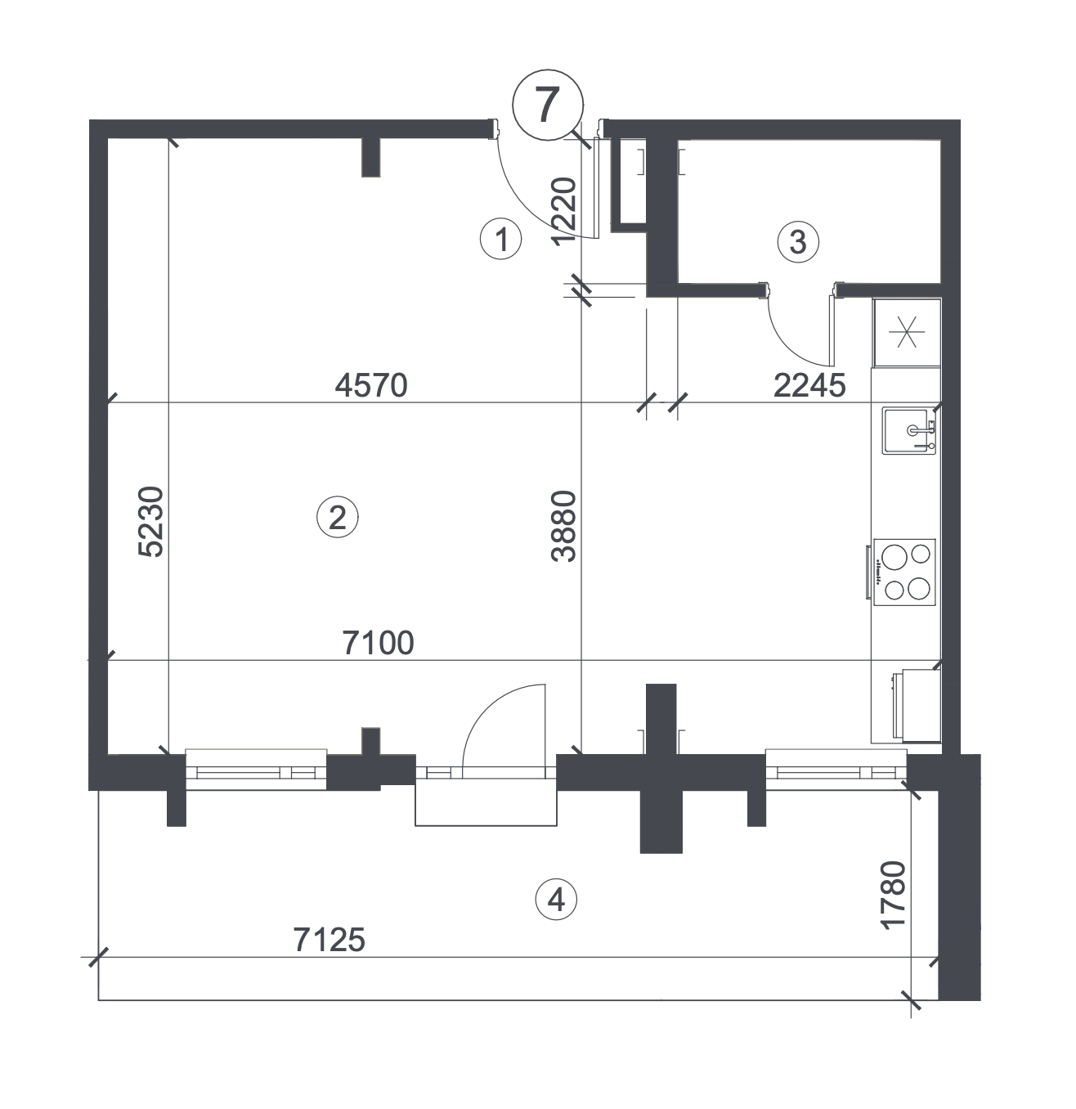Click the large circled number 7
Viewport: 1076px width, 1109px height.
pyautogui.click(x=547, y=106)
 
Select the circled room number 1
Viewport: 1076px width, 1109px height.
pyautogui.click(x=500, y=240)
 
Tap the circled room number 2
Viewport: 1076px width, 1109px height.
pyautogui.click(x=337, y=518)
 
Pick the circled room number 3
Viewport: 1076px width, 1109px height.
pyautogui.click(x=798, y=242)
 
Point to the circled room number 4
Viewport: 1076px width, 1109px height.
pyautogui.click(x=556, y=900)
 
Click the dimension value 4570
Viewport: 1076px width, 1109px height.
pyautogui.click(x=371, y=386)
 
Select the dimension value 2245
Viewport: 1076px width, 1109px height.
pyautogui.click(x=809, y=386)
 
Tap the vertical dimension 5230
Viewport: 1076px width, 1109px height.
pyautogui.click(x=151, y=522)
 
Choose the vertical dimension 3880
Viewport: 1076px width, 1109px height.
pyautogui.click(x=564, y=527)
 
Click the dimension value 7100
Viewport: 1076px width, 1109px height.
pyautogui.click(x=378, y=644)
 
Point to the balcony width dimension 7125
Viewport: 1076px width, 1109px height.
pyautogui.click(x=330, y=940)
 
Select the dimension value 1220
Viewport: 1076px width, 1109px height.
pyautogui.click(x=564, y=211)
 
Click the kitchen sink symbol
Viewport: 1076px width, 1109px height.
pyautogui.click(x=908, y=430)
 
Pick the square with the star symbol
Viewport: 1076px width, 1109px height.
pyautogui.click(x=907, y=332)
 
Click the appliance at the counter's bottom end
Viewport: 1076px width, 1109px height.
pyautogui.click(x=917, y=706)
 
